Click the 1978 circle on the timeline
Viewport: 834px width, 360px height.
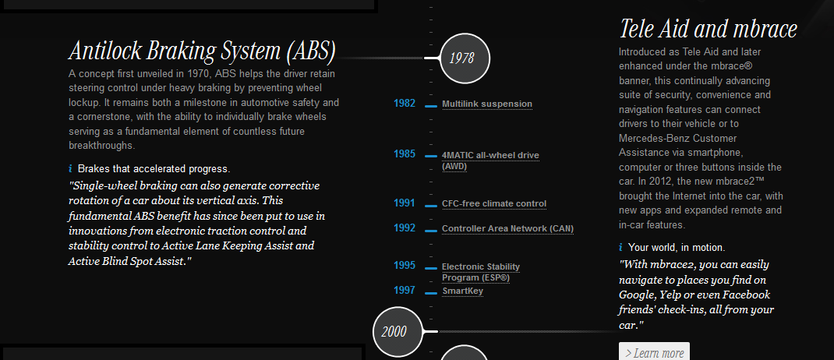[465, 58]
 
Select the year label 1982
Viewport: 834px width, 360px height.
[405, 104]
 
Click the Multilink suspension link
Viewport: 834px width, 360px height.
[487, 104]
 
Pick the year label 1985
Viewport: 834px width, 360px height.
[405, 154]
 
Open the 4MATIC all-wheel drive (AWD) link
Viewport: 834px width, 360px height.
[490, 160]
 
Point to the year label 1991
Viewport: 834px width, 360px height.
[405, 203]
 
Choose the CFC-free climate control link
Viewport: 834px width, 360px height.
[494, 204]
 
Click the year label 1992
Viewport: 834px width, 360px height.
[405, 228]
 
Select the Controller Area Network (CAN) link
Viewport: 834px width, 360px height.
[507, 229]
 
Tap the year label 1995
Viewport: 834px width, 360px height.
[405, 266]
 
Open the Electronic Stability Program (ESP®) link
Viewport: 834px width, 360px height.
[481, 272]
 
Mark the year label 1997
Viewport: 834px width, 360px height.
[405, 291]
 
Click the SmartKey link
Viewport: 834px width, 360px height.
[463, 291]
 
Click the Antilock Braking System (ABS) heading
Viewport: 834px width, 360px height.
[202, 51]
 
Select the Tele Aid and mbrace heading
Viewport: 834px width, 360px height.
[708, 30]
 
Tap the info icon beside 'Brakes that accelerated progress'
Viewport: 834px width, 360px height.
[71, 169]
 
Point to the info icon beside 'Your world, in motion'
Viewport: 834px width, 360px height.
[621, 248]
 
